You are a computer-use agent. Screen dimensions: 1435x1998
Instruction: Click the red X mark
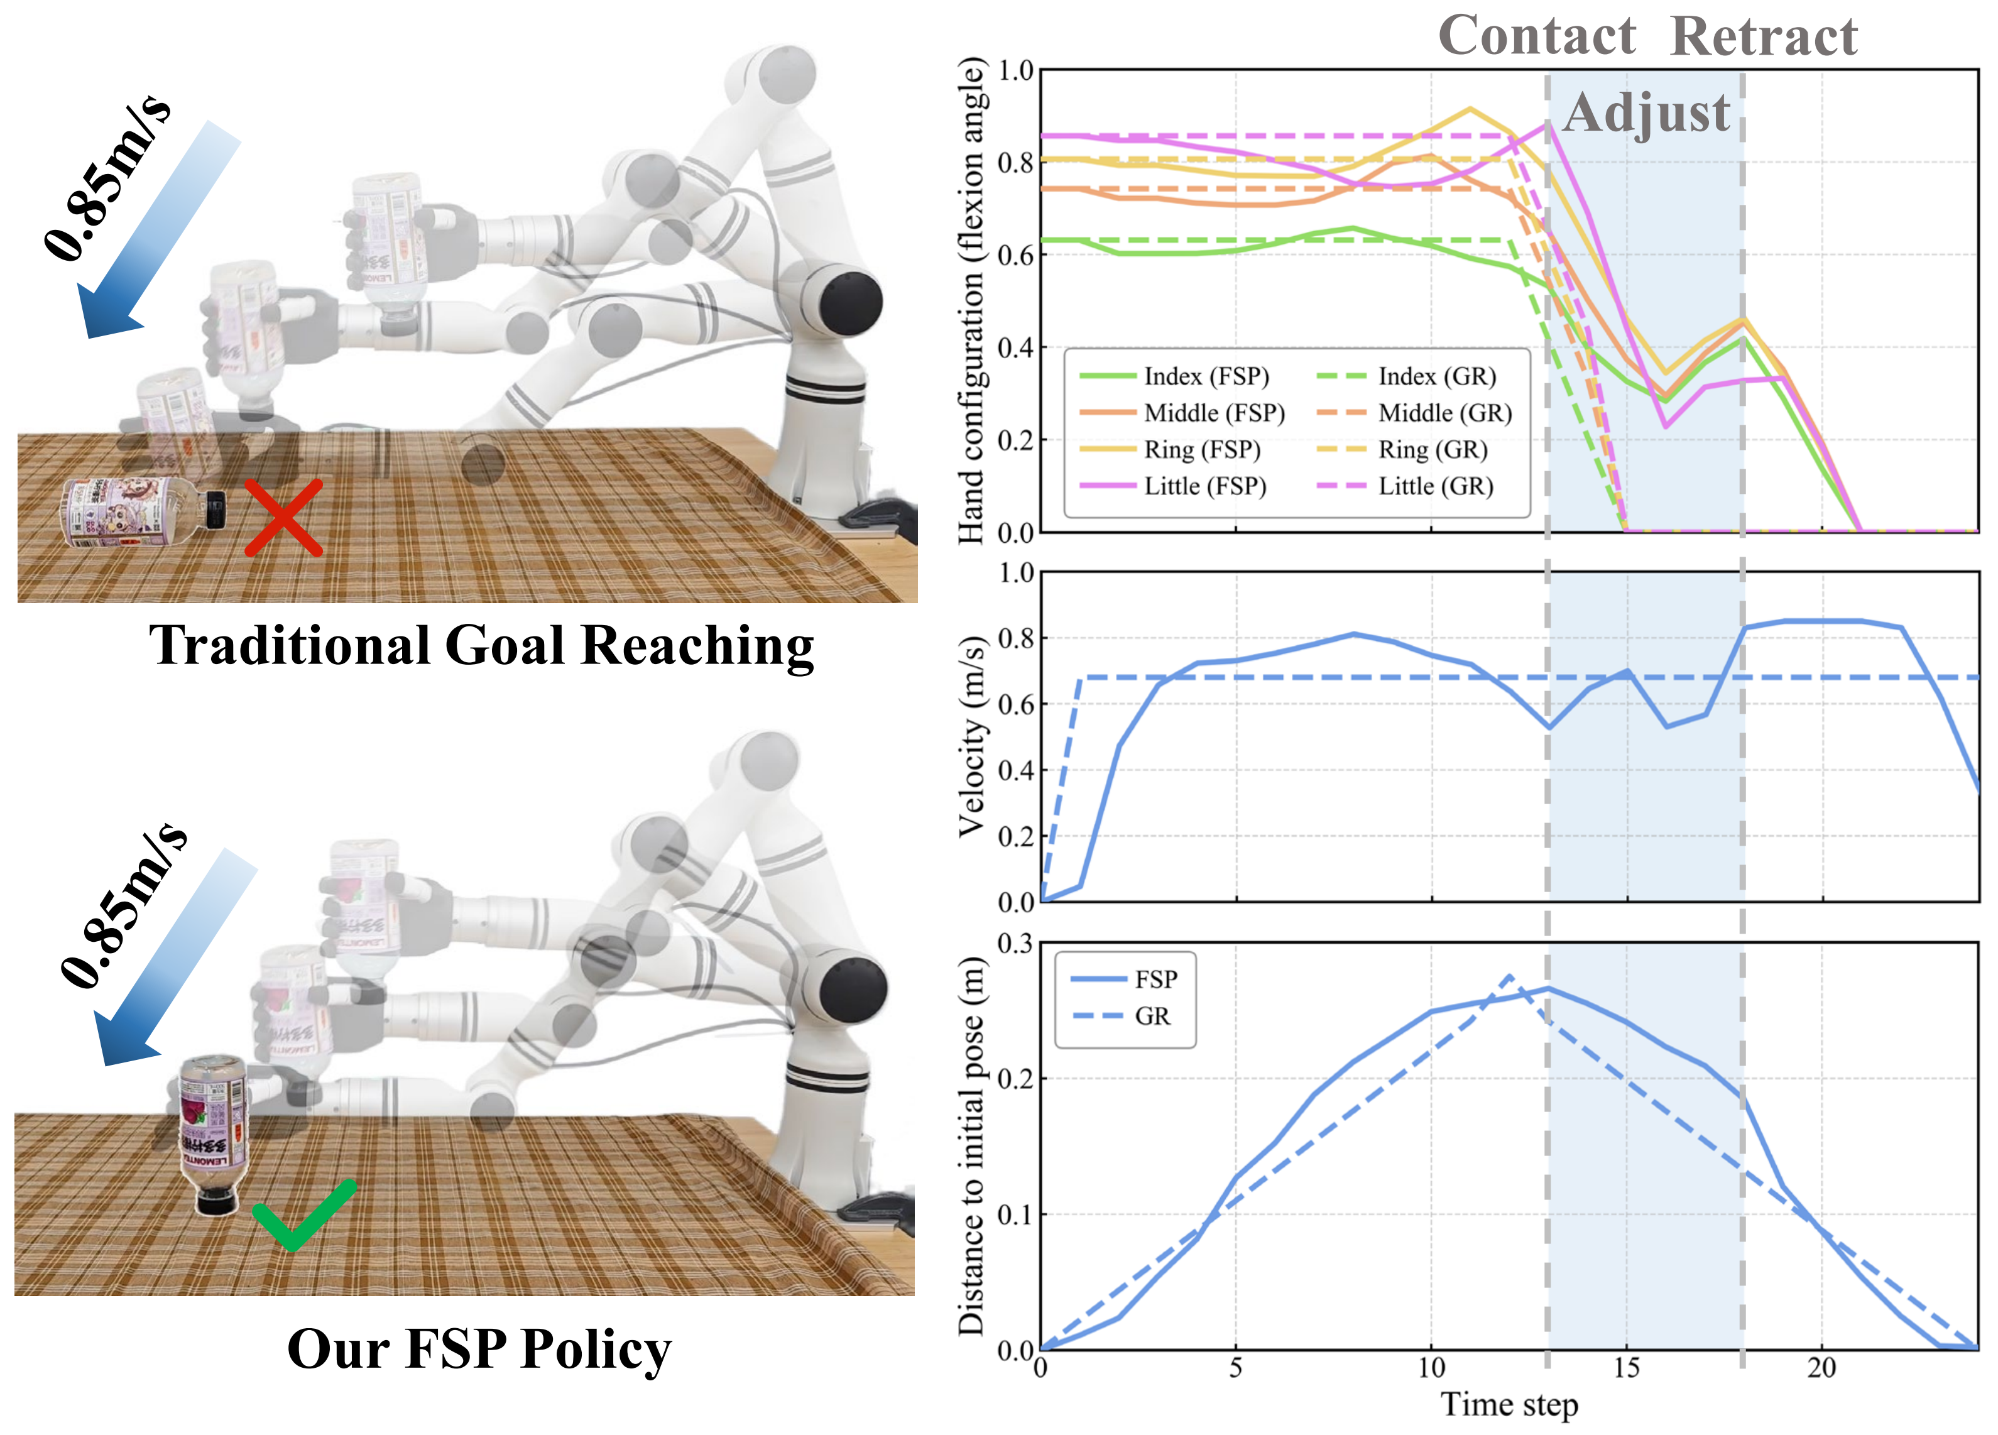pos(283,518)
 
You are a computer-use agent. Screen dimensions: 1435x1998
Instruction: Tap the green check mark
pos(304,1214)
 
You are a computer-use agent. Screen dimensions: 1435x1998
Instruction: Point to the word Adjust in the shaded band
pos(1647,114)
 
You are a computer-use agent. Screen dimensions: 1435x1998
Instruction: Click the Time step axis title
pos(1509,1404)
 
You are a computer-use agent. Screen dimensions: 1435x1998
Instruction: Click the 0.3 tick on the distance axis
pos(1015,944)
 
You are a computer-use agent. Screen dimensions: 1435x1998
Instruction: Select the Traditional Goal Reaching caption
pos(481,646)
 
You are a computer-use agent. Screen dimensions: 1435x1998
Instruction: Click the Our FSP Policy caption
pos(479,1349)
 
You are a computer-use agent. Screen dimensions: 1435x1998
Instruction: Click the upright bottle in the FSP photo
pos(212,1133)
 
